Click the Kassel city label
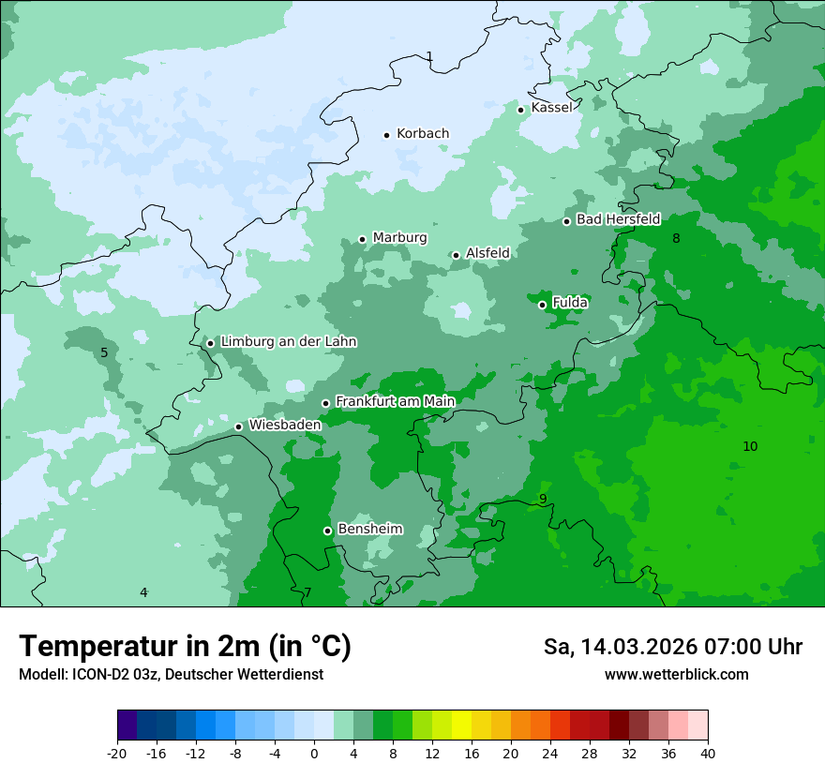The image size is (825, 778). [x=551, y=108]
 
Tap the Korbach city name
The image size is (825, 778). [x=423, y=133]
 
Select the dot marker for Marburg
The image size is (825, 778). [x=363, y=239]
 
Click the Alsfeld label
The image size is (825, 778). [x=487, y=253]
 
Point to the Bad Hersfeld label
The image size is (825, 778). [x=618, y=219]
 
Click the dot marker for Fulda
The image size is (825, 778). [x=542, y=305]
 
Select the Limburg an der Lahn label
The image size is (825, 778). [x=288, y=342]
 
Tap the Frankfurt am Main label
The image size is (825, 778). [x=395, y=401]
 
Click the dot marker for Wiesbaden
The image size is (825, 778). [x=239, y=426]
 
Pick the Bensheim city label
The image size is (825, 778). [x=369, y=529]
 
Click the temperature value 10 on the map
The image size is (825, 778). [x=750, y=446]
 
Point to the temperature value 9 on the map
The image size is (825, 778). [x=542, y=499]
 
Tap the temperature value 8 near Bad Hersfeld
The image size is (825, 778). [x=676, y=238]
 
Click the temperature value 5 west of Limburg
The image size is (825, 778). [x=104, y=352]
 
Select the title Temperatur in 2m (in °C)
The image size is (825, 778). [x=185, y=647]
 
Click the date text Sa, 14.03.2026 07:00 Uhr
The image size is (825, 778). [x=672, y=647]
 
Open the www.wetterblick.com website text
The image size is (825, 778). [x=676, y=674]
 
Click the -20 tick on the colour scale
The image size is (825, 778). [x=117, y=753]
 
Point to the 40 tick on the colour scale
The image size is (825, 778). [x=707, y=753]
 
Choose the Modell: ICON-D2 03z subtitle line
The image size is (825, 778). [x=171, y=674]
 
